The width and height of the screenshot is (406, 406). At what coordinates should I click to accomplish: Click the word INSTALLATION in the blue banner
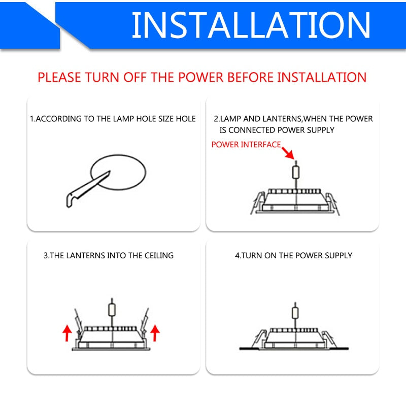[x=251, y=25]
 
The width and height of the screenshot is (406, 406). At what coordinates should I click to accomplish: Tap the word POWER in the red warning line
[x=200, y=77]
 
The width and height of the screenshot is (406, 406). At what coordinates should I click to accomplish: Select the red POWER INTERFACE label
[x=246, y=145]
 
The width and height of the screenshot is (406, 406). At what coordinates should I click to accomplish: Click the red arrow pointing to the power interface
[x=288, y=153]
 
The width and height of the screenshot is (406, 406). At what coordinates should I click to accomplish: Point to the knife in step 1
[x=88, y=189]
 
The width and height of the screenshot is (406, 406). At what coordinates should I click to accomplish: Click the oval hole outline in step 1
[x=118, y=172]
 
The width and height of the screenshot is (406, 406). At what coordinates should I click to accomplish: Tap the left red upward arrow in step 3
[x=67, y=333]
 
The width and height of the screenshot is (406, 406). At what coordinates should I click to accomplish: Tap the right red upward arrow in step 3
[x=155, y=333]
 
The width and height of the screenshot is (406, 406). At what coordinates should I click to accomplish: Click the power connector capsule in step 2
[x=296, y=172]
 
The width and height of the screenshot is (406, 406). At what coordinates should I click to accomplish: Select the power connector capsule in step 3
[x=112, y=310]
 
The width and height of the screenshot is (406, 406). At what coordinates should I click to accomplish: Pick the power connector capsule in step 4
[x=295, y=313]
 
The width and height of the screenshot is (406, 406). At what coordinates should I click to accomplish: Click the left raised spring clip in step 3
[x=78, y=322]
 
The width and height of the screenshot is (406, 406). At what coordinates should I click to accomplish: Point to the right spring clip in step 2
[x=332, y=204]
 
